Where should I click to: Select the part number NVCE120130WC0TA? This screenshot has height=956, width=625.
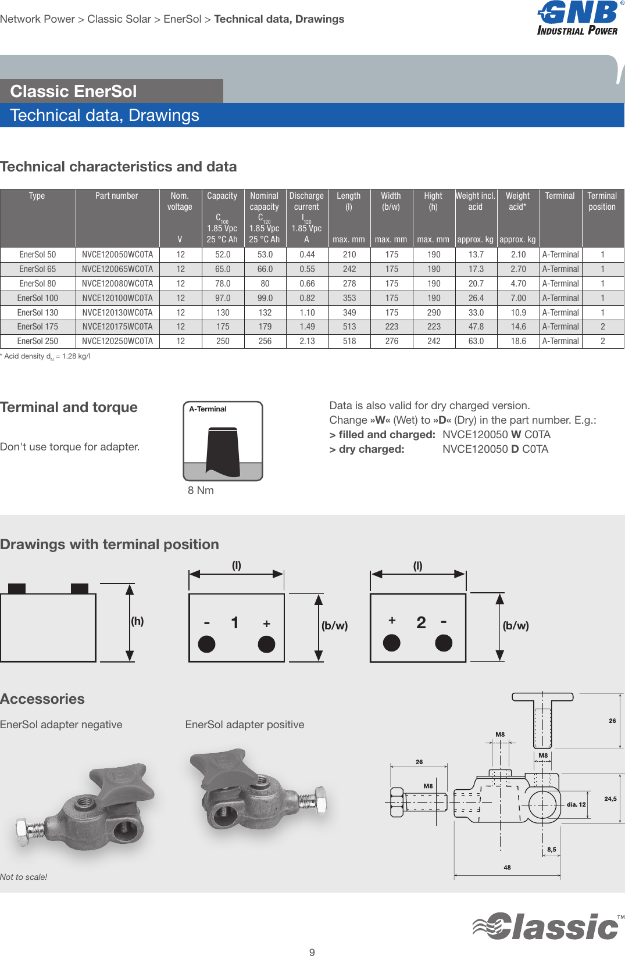click(117, 313)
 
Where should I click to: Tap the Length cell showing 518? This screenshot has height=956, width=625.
click(349, 341)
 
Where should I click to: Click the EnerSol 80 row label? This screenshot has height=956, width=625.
click(38, 284)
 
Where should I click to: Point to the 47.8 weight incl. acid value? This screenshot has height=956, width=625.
click(476, 327)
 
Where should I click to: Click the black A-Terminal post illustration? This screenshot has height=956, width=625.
click(223, 450)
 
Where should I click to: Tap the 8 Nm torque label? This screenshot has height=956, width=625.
click(201, 490)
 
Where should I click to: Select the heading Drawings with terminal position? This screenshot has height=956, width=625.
click(109, 545)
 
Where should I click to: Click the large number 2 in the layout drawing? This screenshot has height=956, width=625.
click(421, 623)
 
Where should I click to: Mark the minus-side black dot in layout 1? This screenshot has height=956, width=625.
click(207, 644)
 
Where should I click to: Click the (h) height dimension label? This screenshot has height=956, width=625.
click(137, 621)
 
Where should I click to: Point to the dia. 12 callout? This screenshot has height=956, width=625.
click(576, 804)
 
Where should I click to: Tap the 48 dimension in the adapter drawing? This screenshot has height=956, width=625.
click(507, 868)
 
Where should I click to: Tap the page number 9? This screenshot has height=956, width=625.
click(312, 952)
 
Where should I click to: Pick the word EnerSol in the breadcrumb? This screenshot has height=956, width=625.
click(182, 19)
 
